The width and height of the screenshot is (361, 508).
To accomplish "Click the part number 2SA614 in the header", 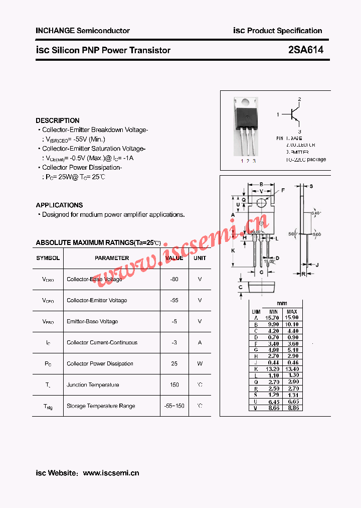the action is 305,50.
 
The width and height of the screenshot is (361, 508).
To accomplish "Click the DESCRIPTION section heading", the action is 58,120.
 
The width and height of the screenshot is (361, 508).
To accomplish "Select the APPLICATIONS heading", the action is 59,205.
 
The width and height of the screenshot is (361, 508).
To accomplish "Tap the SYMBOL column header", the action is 48,258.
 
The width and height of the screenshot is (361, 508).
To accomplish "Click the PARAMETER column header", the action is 112,258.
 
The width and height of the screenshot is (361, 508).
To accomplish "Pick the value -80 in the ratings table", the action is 174,279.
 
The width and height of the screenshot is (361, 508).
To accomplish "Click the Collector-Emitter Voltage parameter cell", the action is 97,300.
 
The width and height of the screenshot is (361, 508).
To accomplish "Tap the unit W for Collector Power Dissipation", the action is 200,363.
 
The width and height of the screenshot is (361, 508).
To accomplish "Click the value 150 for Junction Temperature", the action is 174,385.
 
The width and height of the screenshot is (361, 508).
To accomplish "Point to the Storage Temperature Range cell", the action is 101,406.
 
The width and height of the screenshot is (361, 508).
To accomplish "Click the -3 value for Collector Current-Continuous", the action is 174,342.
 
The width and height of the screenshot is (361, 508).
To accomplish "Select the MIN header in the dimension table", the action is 273,312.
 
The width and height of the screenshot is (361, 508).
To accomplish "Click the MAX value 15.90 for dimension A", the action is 292,318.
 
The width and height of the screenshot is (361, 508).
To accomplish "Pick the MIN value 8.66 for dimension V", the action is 273,408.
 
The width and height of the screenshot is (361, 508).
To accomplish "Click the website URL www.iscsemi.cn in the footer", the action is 111,473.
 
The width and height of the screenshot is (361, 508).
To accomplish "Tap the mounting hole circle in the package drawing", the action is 261,203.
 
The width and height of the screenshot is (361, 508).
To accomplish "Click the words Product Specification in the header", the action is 284,31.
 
